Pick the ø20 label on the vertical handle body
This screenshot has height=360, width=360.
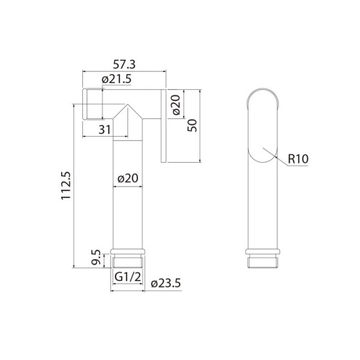tap(128, 178)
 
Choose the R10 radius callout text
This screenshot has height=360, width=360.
tap(298, 159)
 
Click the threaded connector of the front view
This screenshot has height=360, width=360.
tap(127, 261)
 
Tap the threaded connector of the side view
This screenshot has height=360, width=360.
tap(263, 261)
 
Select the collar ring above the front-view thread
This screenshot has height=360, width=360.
tap(127, 251)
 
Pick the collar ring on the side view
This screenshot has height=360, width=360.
tap(263, 251)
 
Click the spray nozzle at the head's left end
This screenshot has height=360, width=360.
tap(91, 103)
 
